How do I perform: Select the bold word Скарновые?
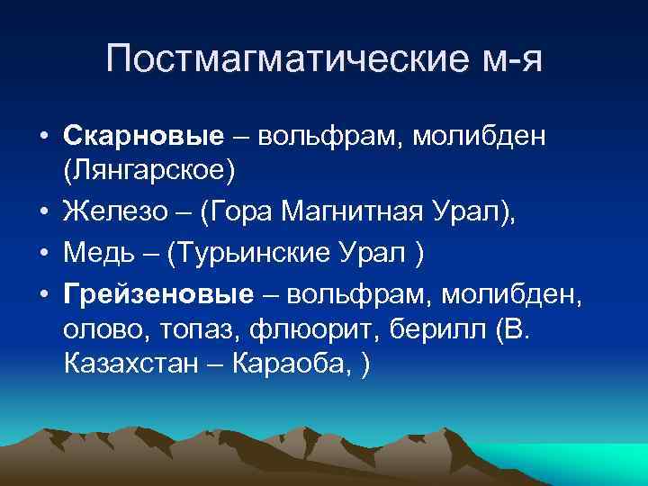pos(143,135)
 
